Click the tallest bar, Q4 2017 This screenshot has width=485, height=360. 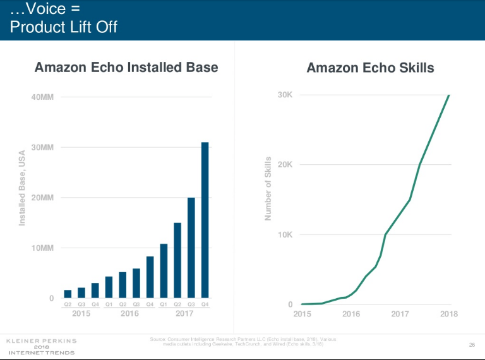click(205, 220)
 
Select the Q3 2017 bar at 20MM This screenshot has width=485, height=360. click(191, 248)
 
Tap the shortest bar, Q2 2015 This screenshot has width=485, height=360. click(68, 294)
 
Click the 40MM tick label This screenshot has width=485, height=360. click(42, 97)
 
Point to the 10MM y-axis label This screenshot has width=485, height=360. click(42, 248)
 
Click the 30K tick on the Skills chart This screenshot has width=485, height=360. click(285, 95)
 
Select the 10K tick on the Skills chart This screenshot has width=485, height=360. click(285, 235)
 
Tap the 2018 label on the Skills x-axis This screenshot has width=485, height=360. click(448, 314)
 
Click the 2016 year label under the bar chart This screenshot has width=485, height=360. click(129, 313)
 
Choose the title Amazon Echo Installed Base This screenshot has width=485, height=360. click(126, 67)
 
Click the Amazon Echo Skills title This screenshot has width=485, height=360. click(370, 68)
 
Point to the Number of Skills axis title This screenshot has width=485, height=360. click(268, 189)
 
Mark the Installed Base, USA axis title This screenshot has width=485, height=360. click(22, 188)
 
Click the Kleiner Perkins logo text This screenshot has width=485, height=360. click(41, 341)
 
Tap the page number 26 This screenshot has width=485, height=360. click(471, 344)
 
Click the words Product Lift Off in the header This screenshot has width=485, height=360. click(64, 28)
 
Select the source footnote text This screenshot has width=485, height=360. click(243, 342)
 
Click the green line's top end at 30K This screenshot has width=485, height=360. click(449, 95)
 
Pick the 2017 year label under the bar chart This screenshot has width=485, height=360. click(184, 313)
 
